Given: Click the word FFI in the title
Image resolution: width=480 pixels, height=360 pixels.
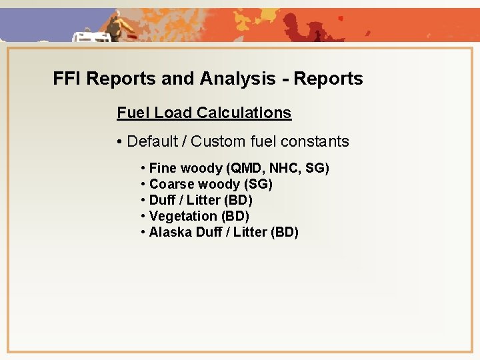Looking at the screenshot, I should point(67,79).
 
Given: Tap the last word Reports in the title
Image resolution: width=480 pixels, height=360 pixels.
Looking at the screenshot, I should point(329,79).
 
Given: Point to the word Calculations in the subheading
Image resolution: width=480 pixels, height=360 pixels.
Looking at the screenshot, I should point(248,113).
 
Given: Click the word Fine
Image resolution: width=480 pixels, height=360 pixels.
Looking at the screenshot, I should point(163,168).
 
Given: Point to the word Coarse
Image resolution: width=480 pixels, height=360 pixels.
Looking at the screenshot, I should point(170,184).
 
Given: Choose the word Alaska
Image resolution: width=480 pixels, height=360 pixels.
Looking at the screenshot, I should point(169,232).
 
